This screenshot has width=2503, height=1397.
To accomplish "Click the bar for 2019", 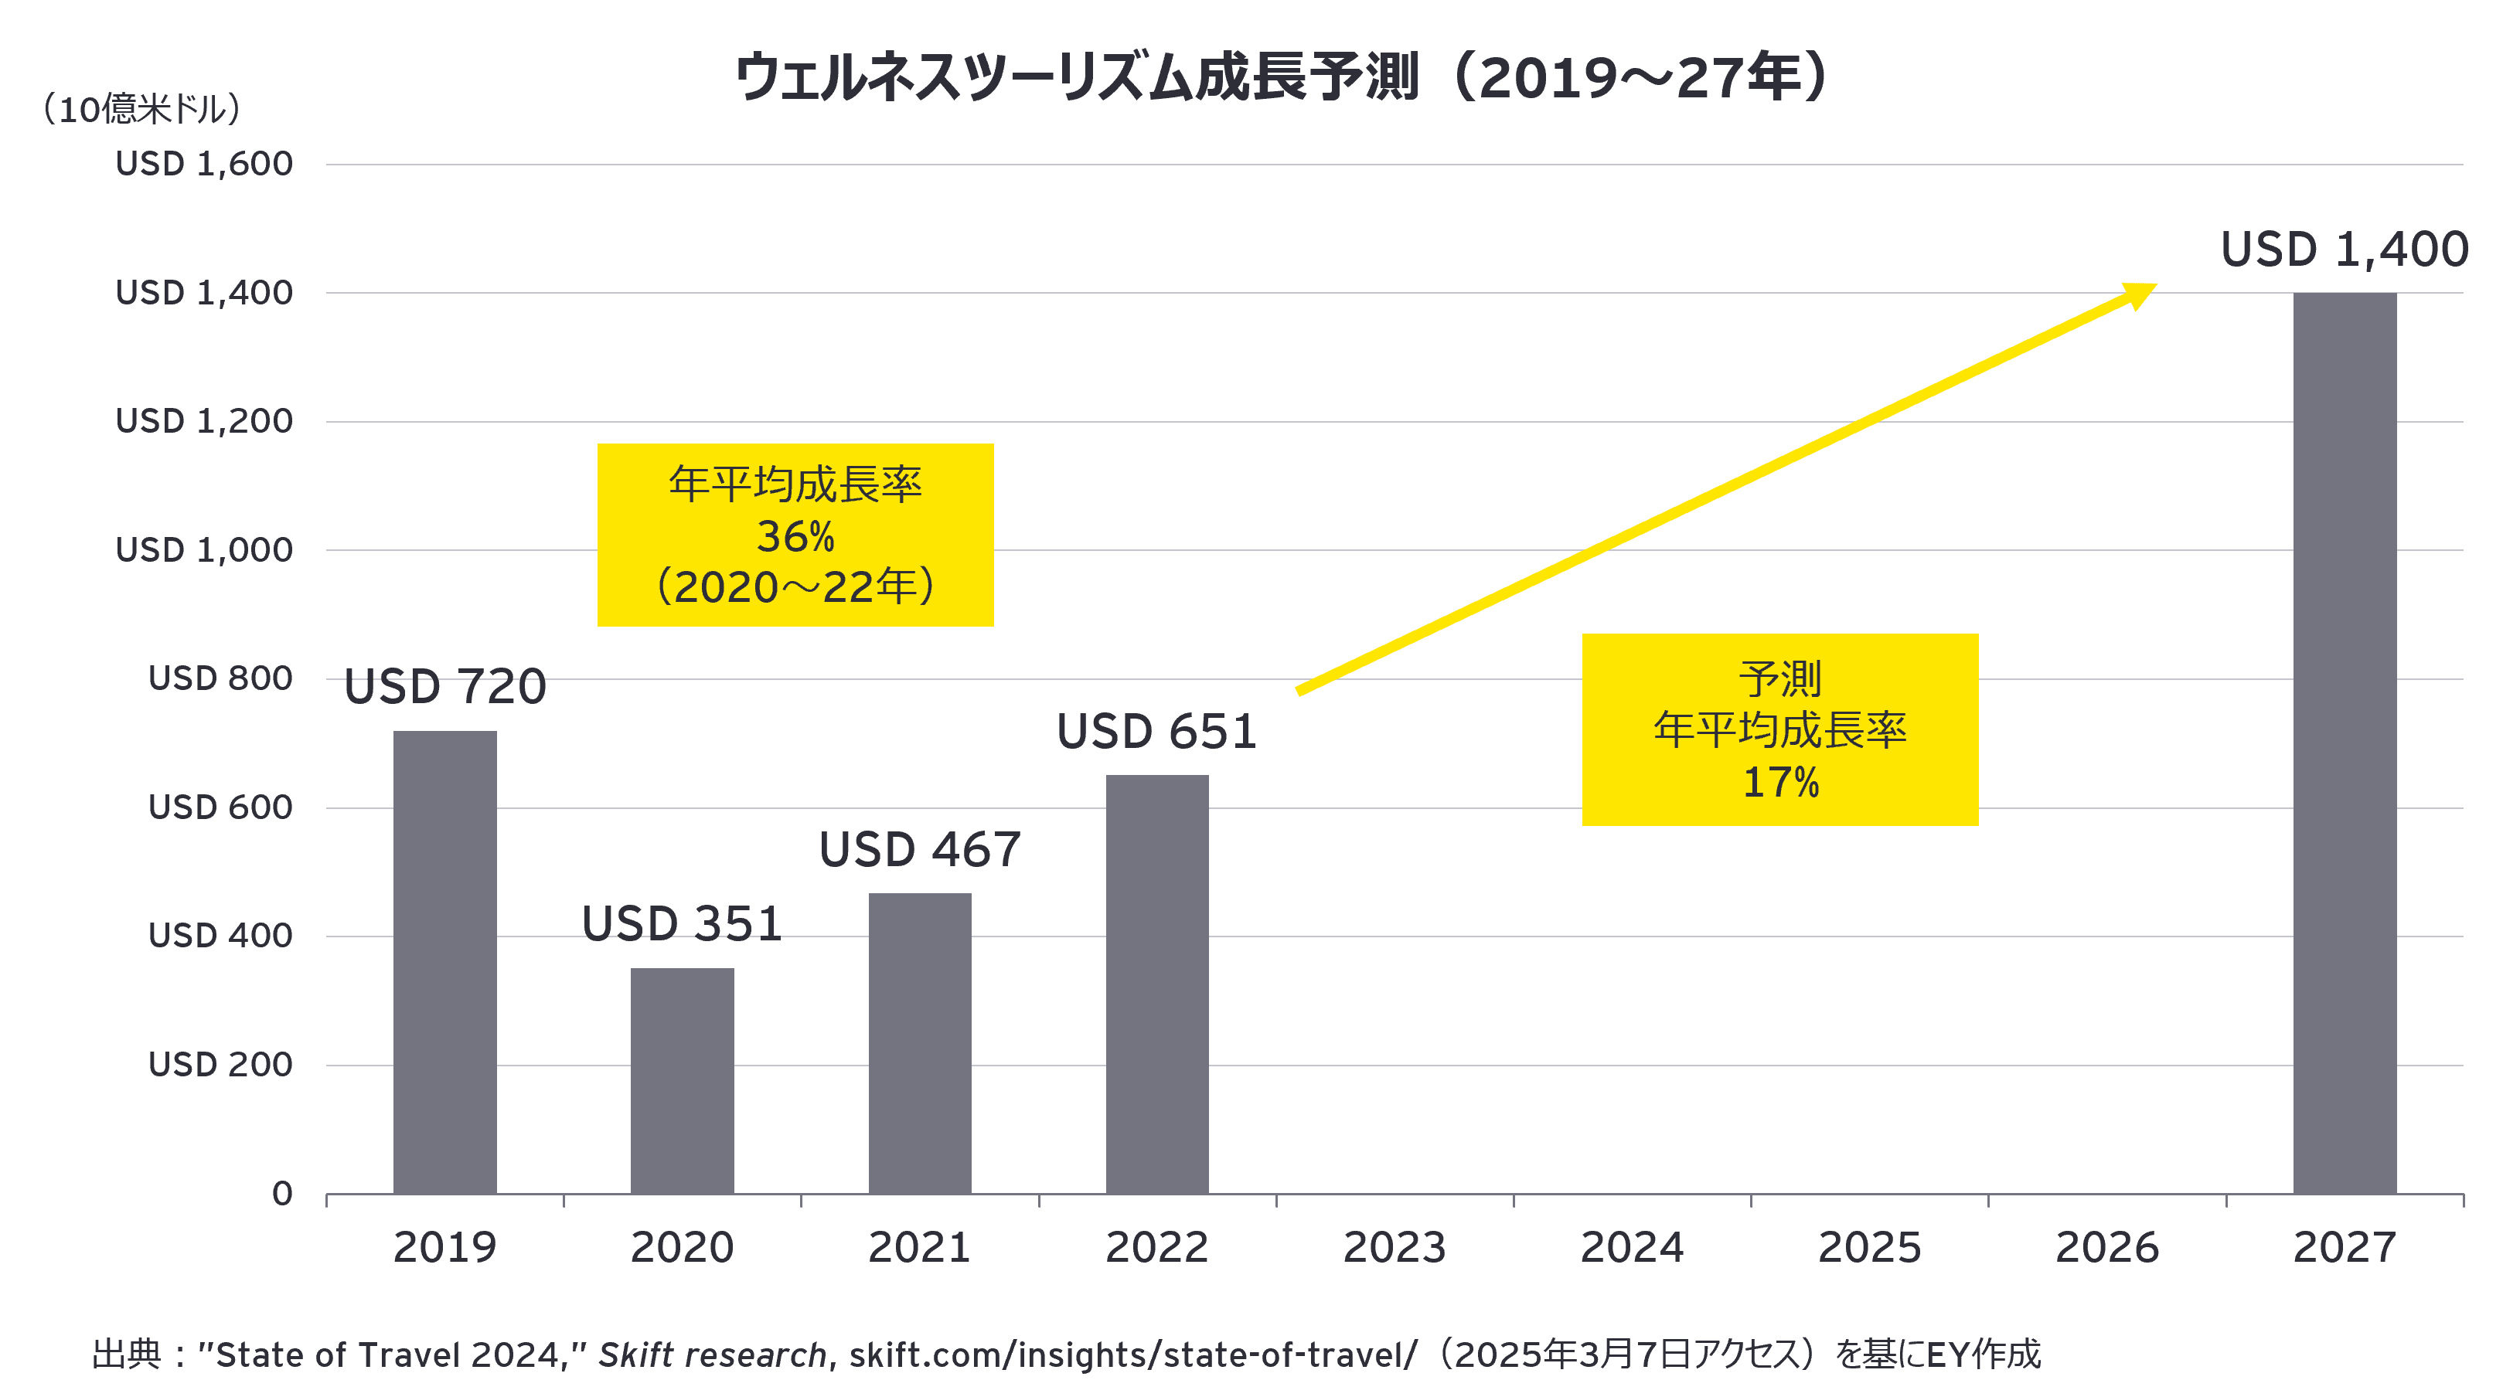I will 445,962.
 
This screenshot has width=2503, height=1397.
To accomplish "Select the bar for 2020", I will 682,1080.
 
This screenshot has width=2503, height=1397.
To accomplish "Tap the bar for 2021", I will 919,1043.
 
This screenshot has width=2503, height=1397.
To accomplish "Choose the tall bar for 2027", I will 2345,743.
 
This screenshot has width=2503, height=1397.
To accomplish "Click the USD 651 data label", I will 1156,732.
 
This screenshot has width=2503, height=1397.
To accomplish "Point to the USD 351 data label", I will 682,924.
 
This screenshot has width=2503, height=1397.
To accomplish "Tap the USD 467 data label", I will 919,850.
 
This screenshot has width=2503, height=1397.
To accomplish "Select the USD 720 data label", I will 445,688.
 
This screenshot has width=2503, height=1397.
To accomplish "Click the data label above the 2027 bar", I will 2344,250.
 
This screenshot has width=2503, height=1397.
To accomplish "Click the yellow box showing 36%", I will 795,535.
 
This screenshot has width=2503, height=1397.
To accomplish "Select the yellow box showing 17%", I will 1779,729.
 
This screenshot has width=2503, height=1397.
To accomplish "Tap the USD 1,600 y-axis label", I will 204,164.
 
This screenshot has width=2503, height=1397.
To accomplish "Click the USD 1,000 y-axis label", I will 204,550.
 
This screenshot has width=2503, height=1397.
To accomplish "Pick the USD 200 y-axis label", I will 220,1065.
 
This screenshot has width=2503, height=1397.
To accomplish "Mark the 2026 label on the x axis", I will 2106,1247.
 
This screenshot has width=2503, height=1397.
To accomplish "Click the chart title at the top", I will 1282,78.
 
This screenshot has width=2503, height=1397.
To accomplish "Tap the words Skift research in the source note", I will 712,1355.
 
